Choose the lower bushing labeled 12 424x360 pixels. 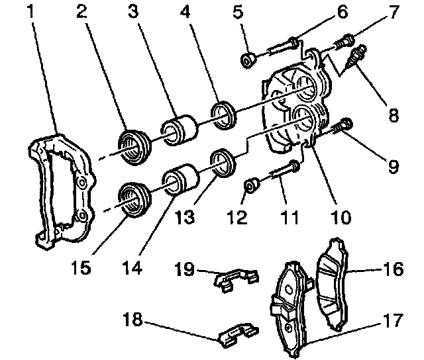click(252, 187)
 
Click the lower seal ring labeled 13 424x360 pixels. click(221, 162)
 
